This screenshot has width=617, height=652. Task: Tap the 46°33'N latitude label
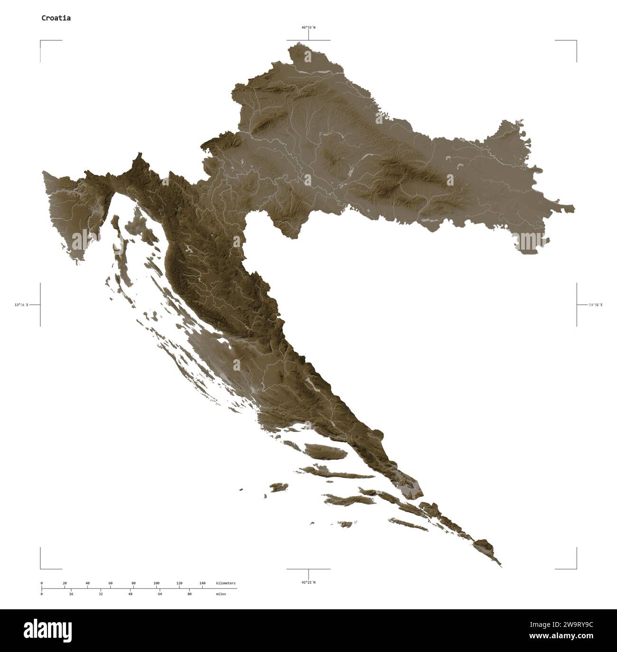pyautogui.click(x=308, y=28)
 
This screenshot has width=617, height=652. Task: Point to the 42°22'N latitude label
pyautogui.click(x=308, y=582)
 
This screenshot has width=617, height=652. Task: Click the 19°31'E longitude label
pyautogui.click(x=595, y=305)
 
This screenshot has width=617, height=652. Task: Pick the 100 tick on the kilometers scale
pyautogui.click(x=156, y=583)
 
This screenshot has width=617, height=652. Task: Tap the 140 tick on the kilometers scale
pyautogui.click(x=202, y=583)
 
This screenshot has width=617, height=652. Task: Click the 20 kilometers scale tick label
pyautogui.click(x=65, y=583)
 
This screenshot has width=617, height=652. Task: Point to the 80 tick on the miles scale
pyautogui.click(x=189, y=594)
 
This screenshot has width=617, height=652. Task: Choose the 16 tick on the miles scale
pyautogui.click(x=71, y=594)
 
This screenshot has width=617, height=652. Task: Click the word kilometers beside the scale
pyautogui.click(x=225, y=583)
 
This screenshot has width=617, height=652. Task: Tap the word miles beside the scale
pyautogui.click(x=221, y=594)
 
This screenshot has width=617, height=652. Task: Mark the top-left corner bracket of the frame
pyautogui.click(x=41, y=41)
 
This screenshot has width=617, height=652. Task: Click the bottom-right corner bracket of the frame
pyautogui.click(x=576, y=568)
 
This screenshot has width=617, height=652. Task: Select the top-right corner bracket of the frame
pyautogui.click(x=576, y=41)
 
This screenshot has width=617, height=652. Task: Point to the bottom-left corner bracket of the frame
pyautogui.click(x=41, y=568)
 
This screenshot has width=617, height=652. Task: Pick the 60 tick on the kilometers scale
pyautogui.click(x=111, y=583)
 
